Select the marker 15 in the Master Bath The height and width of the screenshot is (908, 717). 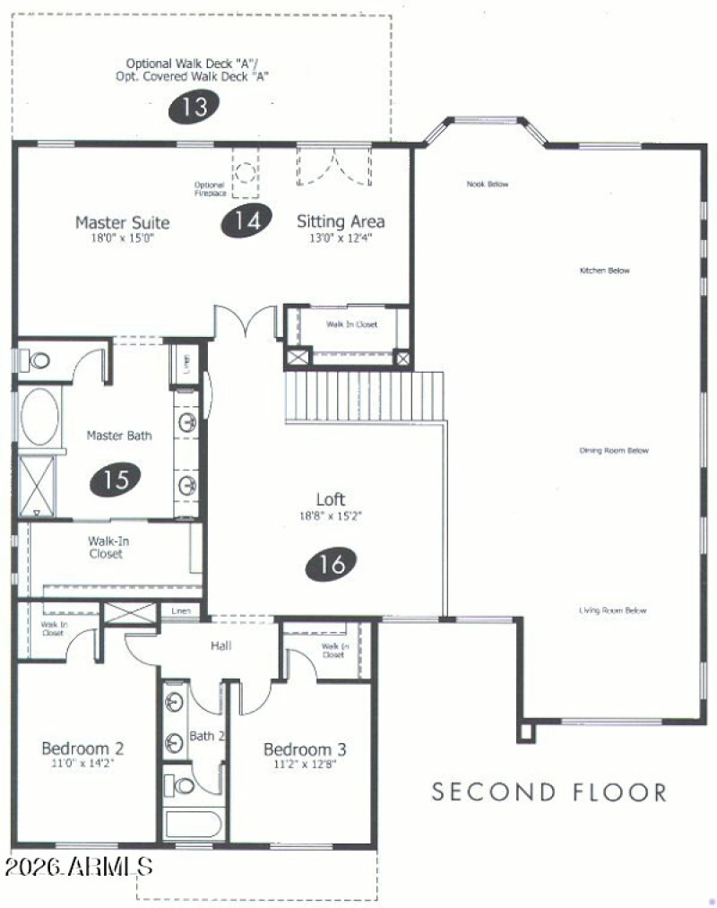pos(116,480)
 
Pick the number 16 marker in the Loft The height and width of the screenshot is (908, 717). pos(332,564)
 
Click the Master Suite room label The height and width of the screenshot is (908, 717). pos(122,222)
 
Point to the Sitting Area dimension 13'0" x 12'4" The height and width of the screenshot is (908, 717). pos(341,238)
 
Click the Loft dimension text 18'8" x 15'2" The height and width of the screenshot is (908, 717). pos(331,515)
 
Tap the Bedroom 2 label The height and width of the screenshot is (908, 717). pos(82,748)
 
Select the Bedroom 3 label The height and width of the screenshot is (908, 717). pos(305,749)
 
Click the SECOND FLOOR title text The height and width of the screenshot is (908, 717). pos(549,792)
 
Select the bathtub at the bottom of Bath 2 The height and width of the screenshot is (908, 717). pos(194,823)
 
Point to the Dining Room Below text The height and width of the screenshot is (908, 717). pos(613,451)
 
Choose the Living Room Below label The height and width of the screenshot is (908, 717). pos(612,610)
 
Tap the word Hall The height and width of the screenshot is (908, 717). pos(221,644)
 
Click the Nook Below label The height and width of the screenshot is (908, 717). pos(488,184)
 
